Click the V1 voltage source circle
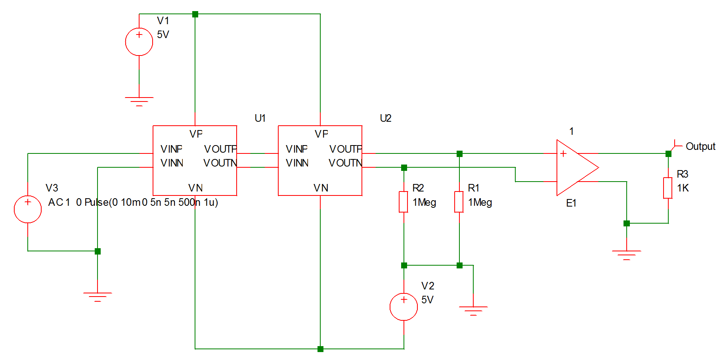tap(139, 42)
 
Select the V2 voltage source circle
tap(404, 306)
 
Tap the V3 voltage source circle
tap(28, 209)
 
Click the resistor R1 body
tap(459, 202)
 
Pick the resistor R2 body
tap(404, 202)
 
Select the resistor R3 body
tap(668, 188)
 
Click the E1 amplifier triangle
tap(575, 167)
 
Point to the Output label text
tap(700, 147)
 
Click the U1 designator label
tap(260, 118)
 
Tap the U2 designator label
tap(385, 118)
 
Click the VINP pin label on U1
tap(171, 149)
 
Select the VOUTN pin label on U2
tap(345, 163)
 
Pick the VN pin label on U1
tap(195, 188)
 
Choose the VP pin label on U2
tap(321, 134)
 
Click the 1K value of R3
tap(683, 188)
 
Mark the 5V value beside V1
tap(163, 34)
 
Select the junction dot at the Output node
tap(668, 154)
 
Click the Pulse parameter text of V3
tap(151, 203)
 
